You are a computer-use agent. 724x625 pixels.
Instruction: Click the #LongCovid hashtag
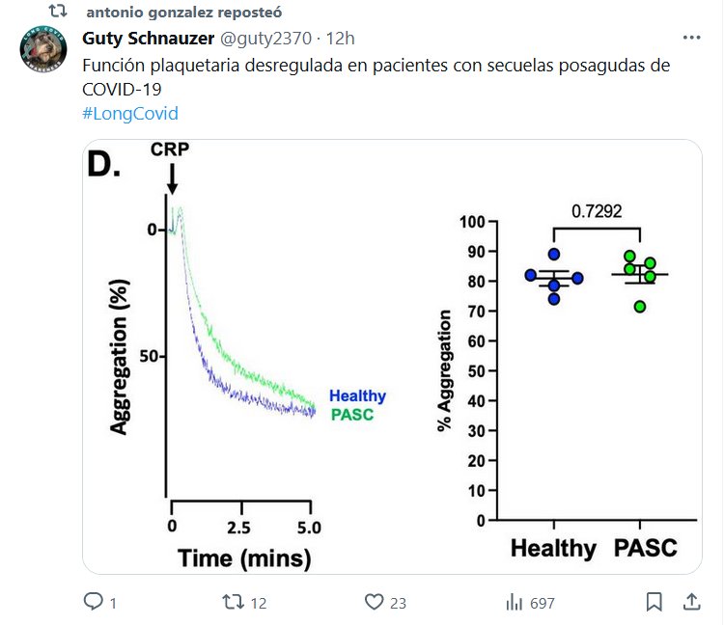pos(130,113)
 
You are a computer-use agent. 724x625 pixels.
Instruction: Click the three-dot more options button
pos(691,39)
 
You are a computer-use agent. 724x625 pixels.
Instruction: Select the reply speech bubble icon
pos(94,602)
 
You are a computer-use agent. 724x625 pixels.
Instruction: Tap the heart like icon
pos(375,602)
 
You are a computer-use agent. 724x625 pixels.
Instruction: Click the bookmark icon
pos(654,602)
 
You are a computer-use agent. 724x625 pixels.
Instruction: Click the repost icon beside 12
pos(233,602)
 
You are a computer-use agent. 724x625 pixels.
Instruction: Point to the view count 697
pos(542,603)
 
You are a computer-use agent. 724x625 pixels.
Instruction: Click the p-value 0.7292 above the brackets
pos(597,208)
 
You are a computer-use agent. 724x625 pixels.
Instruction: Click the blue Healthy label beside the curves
pos(357,395)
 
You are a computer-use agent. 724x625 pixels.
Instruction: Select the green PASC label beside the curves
pos(351,415)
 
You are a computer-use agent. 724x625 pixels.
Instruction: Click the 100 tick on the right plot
pos(471,221)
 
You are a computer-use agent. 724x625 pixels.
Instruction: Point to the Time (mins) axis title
pos(243,557)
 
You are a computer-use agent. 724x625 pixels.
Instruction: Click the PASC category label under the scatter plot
pos(645,549)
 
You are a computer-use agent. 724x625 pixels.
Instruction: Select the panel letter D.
pos(103,164)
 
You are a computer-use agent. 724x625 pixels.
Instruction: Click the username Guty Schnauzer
pos(148,39)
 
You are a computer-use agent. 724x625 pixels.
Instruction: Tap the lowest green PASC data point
pos(640,306)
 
